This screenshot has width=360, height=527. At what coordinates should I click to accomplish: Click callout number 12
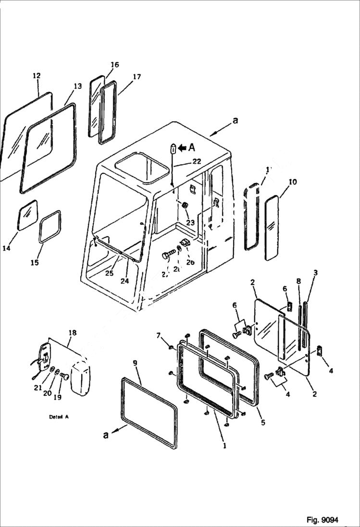(x=37, y=76)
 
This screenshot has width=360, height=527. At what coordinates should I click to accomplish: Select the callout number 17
(x=137, y=77)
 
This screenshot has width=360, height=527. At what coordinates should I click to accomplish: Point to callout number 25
(x=110, y=273)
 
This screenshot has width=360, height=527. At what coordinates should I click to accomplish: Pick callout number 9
(x=135, y=363)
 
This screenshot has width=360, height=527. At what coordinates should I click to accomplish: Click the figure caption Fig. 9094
(x=322, y=520)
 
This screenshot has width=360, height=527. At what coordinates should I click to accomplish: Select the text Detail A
(x=59, y=417)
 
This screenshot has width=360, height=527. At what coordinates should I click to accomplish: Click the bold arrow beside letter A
(x=182, y=148)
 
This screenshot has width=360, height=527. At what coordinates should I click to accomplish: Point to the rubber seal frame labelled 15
(x=50, y=226)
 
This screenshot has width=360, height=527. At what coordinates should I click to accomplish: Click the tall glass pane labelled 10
(x=272, y=228)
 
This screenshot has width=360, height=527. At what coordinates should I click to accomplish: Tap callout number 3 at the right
(x=315, y=273)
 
